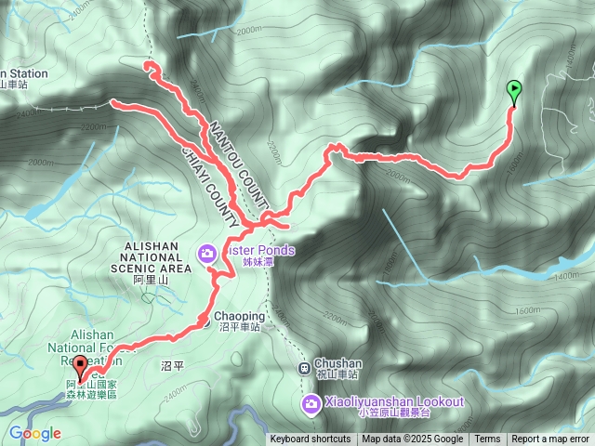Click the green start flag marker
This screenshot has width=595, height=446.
click(514, 90)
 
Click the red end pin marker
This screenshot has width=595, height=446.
click(80, 367)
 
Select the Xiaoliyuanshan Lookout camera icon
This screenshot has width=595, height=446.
click(311, 401)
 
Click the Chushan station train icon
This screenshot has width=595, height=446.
click(303, 367)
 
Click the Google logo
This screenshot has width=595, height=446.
click(35, 433)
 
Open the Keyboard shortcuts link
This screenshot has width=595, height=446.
click(311, 439)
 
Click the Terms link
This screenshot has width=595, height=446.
click(487, 439)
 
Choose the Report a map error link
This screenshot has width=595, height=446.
click(550, 439)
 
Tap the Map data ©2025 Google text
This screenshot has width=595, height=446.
click(412, 439)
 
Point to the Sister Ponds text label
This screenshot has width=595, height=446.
click(259, 250)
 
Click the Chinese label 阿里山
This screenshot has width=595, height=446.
click(150, 279)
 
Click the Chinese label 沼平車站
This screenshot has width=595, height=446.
click(238, 328)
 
